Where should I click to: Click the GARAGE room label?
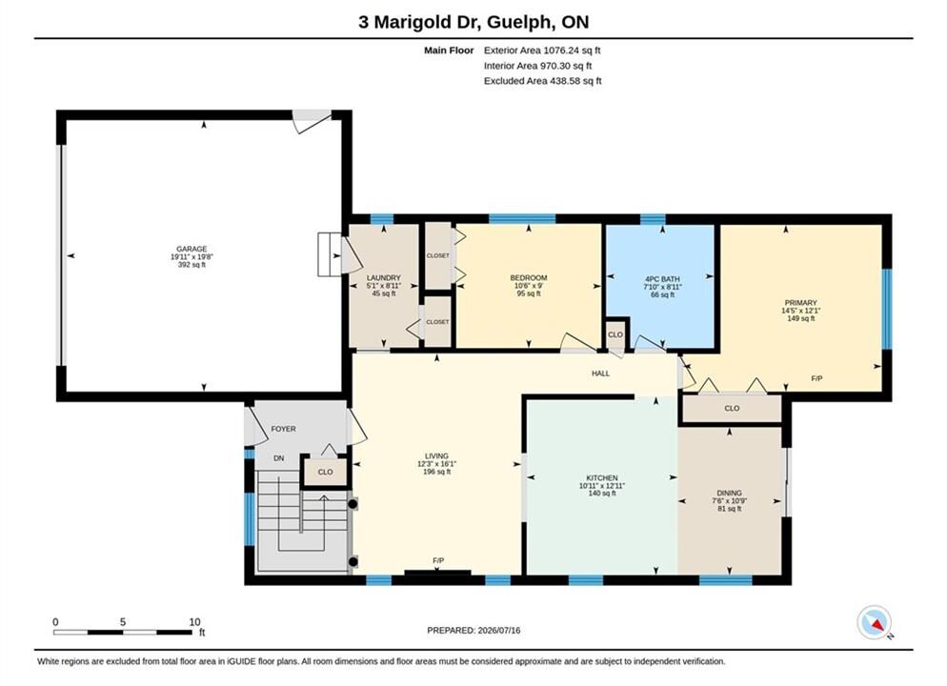coord(191,249)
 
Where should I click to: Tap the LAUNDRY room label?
coord(384,278)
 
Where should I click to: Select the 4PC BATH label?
coord(662,279)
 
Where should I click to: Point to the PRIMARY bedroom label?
coord(801,303)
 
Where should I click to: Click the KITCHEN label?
coord(602,477)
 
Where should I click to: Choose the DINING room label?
coord(730,493)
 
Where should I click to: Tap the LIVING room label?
coord(436,456)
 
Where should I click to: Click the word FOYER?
coord(283,429)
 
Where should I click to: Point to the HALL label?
coord(600,373)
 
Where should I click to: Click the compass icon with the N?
coord(874,622)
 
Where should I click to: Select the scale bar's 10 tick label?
coord(194,622)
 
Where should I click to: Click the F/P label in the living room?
coord(438,561)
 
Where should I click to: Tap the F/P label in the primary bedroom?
coord(816,378)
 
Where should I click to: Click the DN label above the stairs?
coord(278,458)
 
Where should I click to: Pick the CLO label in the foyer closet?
coord(325,473)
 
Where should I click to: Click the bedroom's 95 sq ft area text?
coord(529,293)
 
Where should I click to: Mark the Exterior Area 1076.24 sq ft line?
coord(542,50)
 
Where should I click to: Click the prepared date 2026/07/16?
coord(499,631)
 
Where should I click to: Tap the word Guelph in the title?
coord(519,22)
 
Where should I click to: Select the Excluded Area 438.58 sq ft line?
coord(542,81)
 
